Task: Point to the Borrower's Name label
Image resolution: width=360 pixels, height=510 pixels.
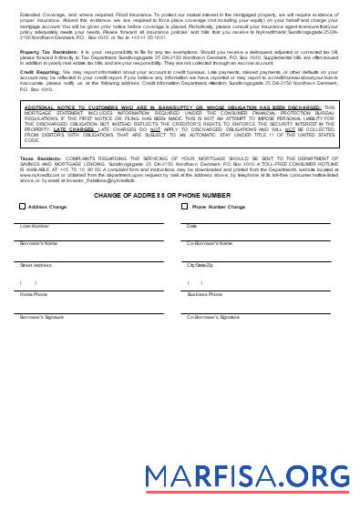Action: coord(39,244)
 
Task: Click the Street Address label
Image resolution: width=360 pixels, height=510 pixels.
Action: coord(36,265)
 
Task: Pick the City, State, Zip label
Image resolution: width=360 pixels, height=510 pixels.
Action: coord(201,265)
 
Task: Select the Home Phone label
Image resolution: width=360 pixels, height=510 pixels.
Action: coord(34,295)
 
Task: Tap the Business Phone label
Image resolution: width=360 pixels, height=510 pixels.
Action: coord(205,295)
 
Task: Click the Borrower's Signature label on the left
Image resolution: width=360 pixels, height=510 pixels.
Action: coord(41,317)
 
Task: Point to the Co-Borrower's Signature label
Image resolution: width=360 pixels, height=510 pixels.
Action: coord(213,317)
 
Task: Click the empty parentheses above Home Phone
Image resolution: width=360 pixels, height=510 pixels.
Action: coord(27,282)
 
